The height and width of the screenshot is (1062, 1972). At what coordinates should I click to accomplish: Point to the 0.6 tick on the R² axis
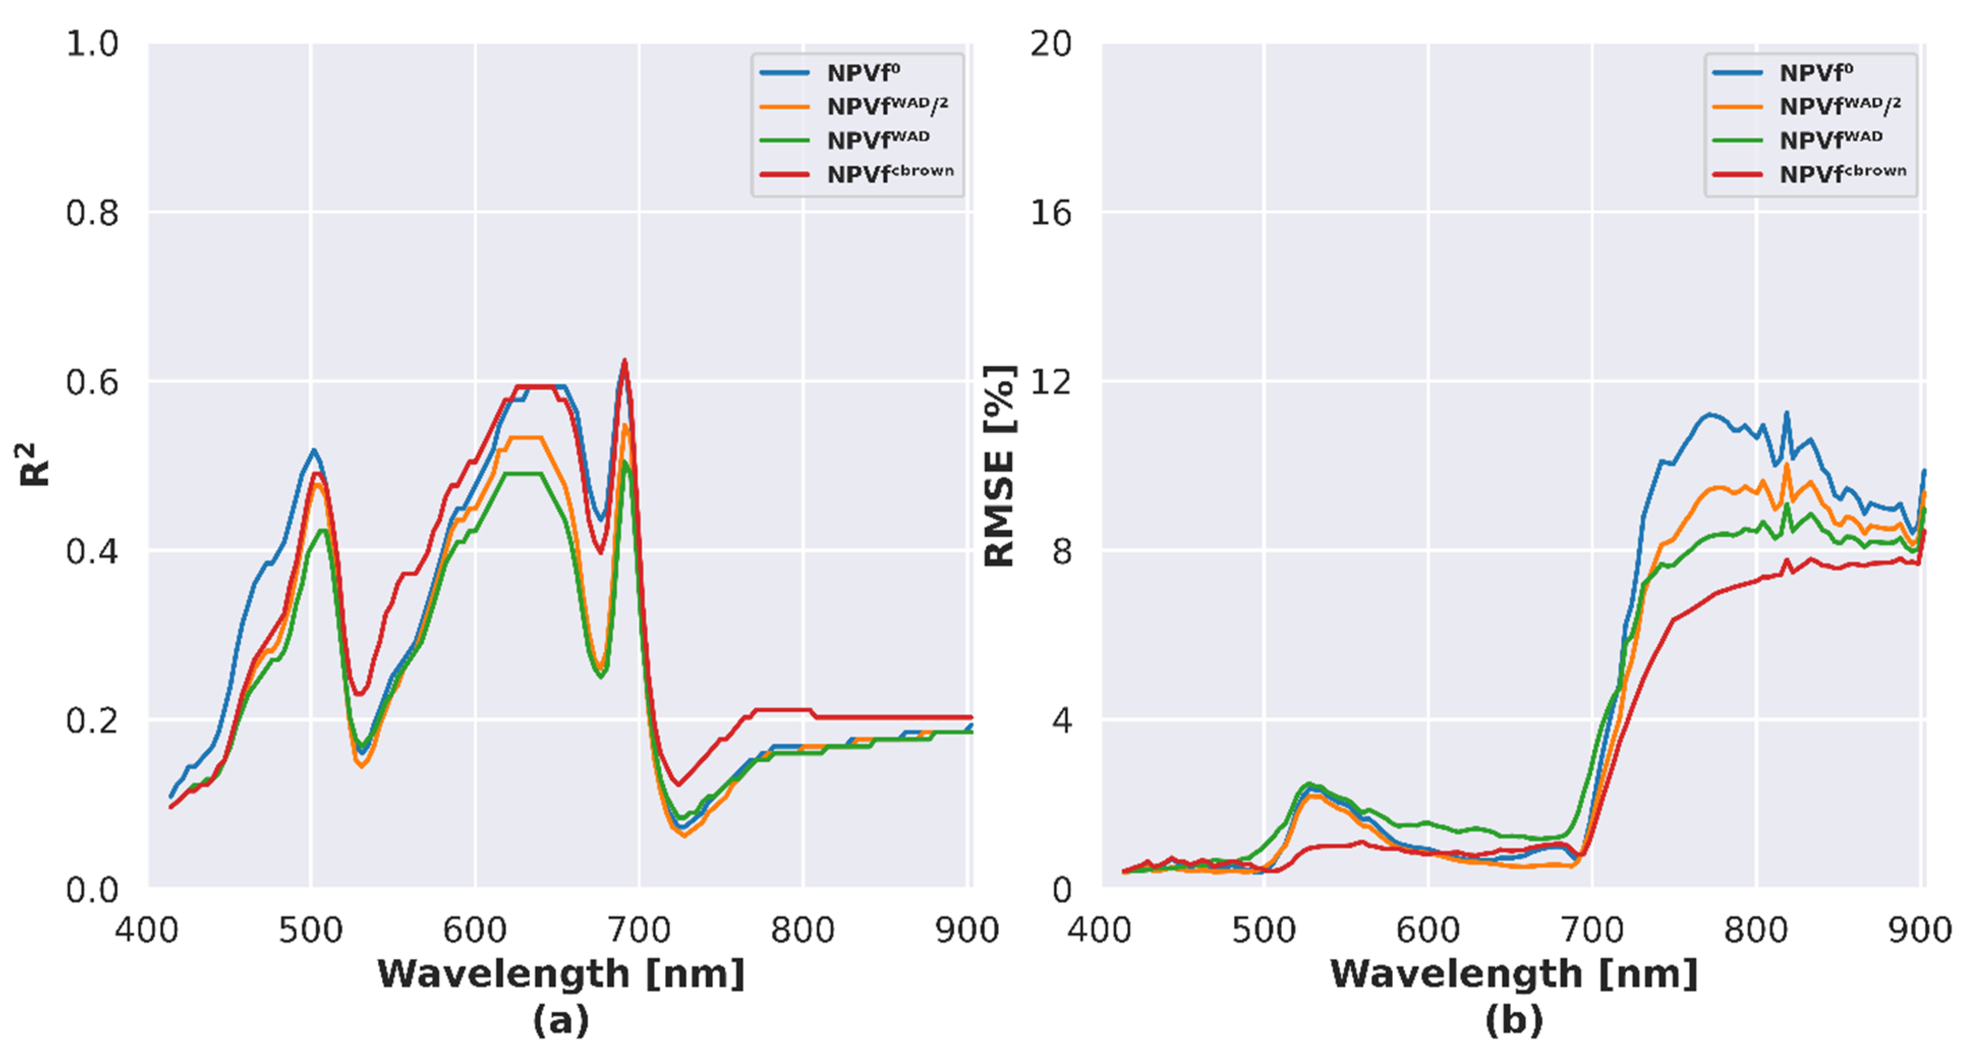92,382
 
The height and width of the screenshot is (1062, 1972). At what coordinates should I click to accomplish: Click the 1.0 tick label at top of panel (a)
92,44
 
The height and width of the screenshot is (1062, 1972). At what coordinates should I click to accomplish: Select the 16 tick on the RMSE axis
1050,213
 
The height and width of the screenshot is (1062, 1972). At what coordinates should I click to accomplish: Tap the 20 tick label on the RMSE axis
1050,44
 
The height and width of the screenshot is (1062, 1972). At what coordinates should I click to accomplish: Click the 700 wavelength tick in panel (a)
639,930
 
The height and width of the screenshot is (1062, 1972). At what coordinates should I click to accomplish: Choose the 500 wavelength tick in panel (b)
1264,930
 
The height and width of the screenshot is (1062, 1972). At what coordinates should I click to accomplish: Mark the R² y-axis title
35,465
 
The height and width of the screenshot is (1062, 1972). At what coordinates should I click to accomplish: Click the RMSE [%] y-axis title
999,465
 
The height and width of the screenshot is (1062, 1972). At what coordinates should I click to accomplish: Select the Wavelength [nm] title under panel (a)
561,974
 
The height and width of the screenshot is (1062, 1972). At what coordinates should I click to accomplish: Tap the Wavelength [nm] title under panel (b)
1513,974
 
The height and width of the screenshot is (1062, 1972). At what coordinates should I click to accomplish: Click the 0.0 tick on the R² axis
92,890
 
